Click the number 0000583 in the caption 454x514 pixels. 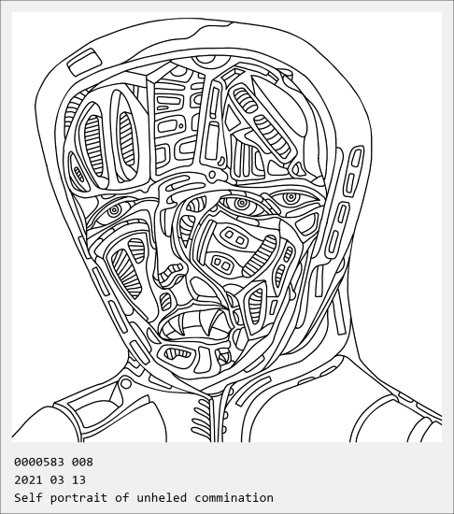[39, 462]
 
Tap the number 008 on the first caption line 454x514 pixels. [82, 462]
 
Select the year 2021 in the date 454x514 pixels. [28, 480]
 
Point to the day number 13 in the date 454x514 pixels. [79, 480]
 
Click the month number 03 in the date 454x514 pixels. [57, 480]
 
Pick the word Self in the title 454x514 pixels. [28, 497]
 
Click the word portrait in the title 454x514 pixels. [78, 498]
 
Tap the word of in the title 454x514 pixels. [122, 497]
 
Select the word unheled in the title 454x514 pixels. [162, 497]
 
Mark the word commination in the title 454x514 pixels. [234, 497]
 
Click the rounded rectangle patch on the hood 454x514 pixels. [84, 62]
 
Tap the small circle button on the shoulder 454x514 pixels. [126, 383]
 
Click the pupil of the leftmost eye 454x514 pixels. [114, 209]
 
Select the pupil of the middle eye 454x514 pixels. [242, 203]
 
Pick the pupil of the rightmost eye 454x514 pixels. [291, 198]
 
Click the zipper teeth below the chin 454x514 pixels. [199, 418]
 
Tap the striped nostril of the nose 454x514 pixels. [172, 271]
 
